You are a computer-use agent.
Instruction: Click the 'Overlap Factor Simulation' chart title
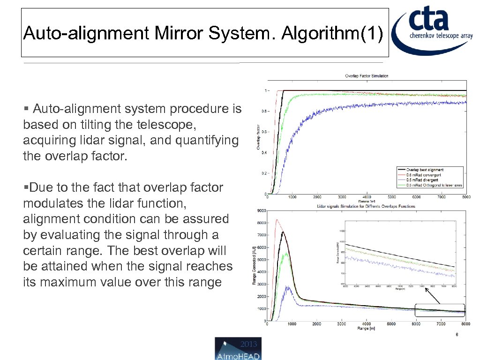(x=367, y=75)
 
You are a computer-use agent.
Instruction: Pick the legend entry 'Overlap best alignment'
(x=425, y=170)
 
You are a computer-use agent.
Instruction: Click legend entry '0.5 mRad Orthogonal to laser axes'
(x=434, y=185)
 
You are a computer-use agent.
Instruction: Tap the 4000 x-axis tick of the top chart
(x=367, y=197)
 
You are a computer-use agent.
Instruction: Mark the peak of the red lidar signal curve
(x=277, y=219)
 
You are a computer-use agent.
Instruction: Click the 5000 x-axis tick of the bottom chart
(x=391, y=324)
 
